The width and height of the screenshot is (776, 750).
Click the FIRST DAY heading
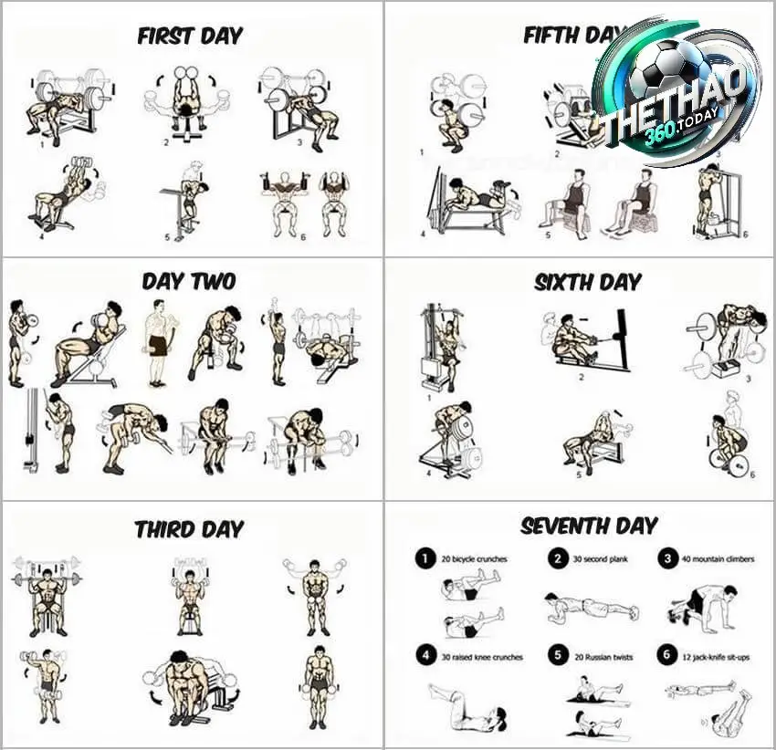[190, 36]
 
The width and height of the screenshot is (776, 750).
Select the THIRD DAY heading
[189, 529]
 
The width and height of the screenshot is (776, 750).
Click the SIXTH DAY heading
[588, 282]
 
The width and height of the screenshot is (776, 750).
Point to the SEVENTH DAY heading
[588, 526]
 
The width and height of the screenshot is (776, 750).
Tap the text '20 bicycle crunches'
[474, 558]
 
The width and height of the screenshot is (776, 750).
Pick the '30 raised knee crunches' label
[481, 656]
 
